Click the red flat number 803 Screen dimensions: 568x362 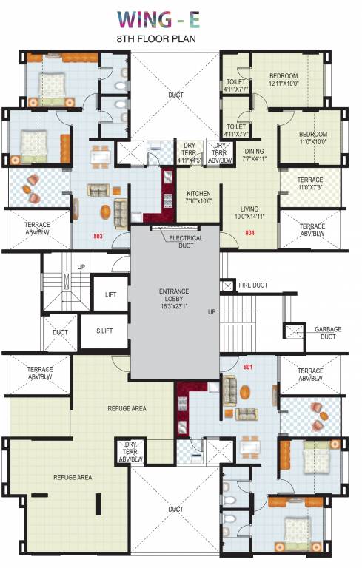tap(98, 237)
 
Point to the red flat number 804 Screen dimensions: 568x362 tap(249, 233)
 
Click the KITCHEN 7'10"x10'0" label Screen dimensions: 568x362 tap(199, 197)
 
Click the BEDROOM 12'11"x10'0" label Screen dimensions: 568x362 tap(284, 79)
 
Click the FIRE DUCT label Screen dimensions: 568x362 tap(253, 285)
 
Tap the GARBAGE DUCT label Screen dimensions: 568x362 tap(328, 332)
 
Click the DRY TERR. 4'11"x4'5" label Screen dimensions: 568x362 tap(190, 152)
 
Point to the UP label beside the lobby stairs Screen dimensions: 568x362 tap(212, 312)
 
